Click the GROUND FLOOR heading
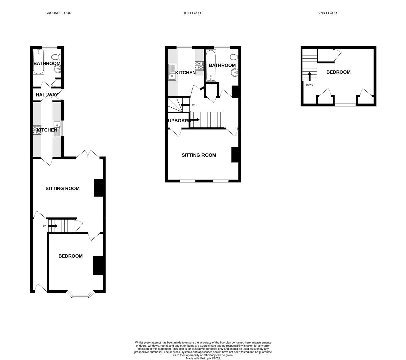(58, 13)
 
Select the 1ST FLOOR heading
(192, 13)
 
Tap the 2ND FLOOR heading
(327, 13)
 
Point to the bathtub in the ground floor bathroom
(38, 62)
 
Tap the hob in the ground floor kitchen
(37, 130)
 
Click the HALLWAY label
(47, 95)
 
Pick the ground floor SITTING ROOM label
(62, 189)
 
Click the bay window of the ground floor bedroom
(80, 295)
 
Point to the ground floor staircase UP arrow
(53, 226)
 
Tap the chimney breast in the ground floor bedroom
(98, 265)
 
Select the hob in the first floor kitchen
(199, 66)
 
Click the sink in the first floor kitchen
(172, 72)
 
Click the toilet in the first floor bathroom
(234, 56)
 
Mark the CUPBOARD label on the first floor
(178, 121)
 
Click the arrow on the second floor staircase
(309, 76)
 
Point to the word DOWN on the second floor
(309, 85)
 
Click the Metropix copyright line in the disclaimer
(203, 358)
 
